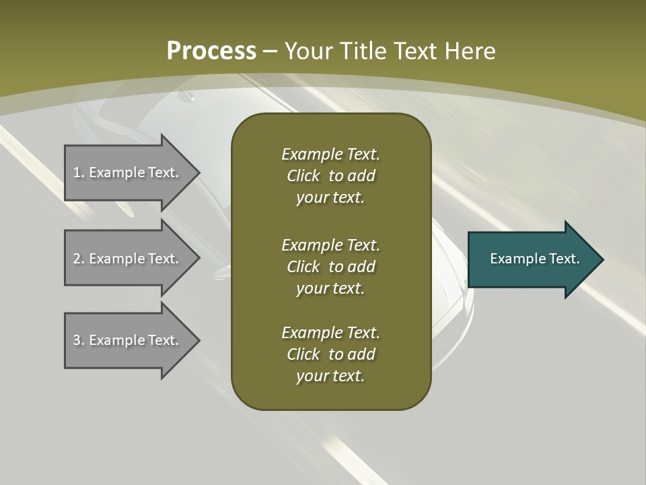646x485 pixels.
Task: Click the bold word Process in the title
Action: point(211,51)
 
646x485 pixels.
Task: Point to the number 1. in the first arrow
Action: point(79,172)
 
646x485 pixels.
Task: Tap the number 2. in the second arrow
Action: point(79,259)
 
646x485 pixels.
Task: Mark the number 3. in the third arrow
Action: point(79,340)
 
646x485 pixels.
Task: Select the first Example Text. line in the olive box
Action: point(330,154)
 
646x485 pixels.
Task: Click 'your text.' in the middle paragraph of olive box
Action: point(330,288)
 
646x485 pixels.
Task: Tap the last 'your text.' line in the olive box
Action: point(330,376)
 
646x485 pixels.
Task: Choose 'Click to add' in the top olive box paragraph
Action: point(330,176)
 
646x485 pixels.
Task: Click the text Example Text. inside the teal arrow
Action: point(535,259)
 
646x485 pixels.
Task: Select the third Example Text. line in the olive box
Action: point(330,333)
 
